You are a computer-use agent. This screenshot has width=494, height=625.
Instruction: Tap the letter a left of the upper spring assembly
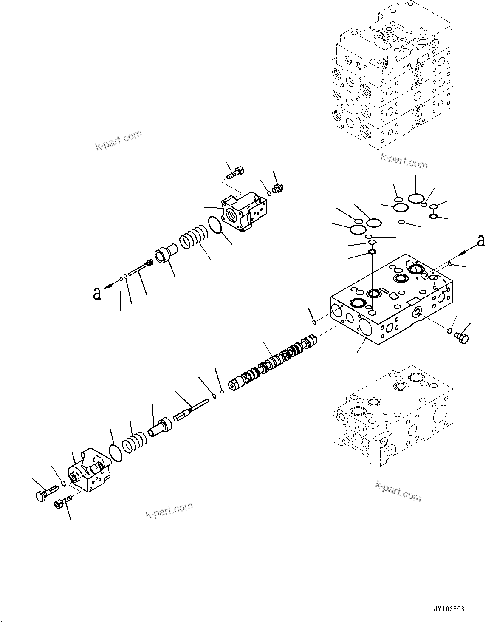coord(97,294)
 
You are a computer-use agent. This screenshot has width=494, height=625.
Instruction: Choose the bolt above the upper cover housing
coord(232,173)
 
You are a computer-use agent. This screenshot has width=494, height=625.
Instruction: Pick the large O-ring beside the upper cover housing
coord(216,225)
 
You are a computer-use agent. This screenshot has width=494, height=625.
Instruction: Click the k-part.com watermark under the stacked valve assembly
coord(404,161)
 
